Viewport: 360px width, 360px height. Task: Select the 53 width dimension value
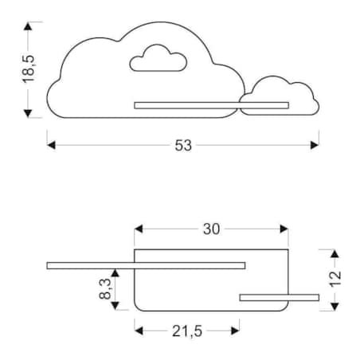click(x=183, y=145)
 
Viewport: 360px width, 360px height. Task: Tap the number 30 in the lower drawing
click(x=211, y=229)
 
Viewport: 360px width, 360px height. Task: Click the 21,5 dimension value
click(x=188, y=330)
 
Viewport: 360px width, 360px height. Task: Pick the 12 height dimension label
click(x=335, y=279)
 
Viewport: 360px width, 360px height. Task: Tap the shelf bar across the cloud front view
click(x=211, y=104)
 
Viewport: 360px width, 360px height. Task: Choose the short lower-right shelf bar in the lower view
click(x=279, y=298)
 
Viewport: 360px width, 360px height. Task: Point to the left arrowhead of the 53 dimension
click(x=51, y=145)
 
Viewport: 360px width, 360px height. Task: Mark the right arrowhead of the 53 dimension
click(x=315, y=145)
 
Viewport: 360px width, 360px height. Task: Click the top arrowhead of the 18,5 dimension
click(x=29, y=26)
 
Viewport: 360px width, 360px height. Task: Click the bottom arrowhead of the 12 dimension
click(x=335, y=306)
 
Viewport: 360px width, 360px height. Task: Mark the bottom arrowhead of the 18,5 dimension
click(x=29, y=113)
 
